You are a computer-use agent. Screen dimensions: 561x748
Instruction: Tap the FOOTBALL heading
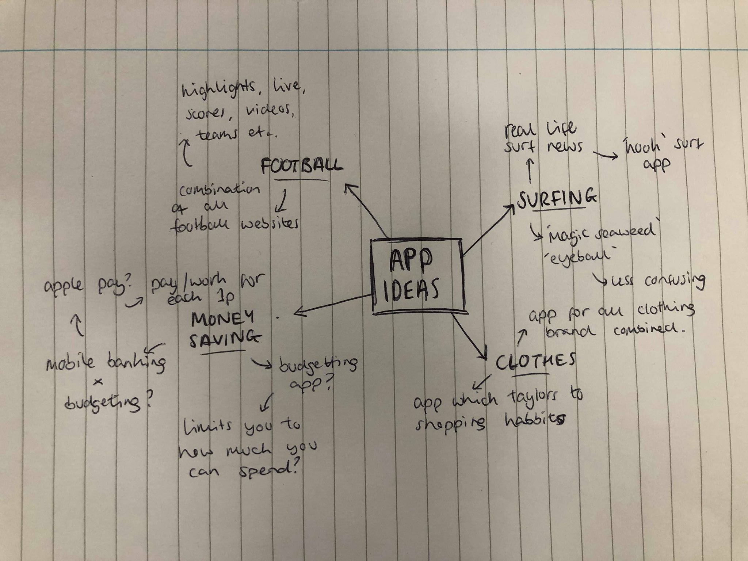click(302, 166)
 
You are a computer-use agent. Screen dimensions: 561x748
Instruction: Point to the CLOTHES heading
click(535, 361)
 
